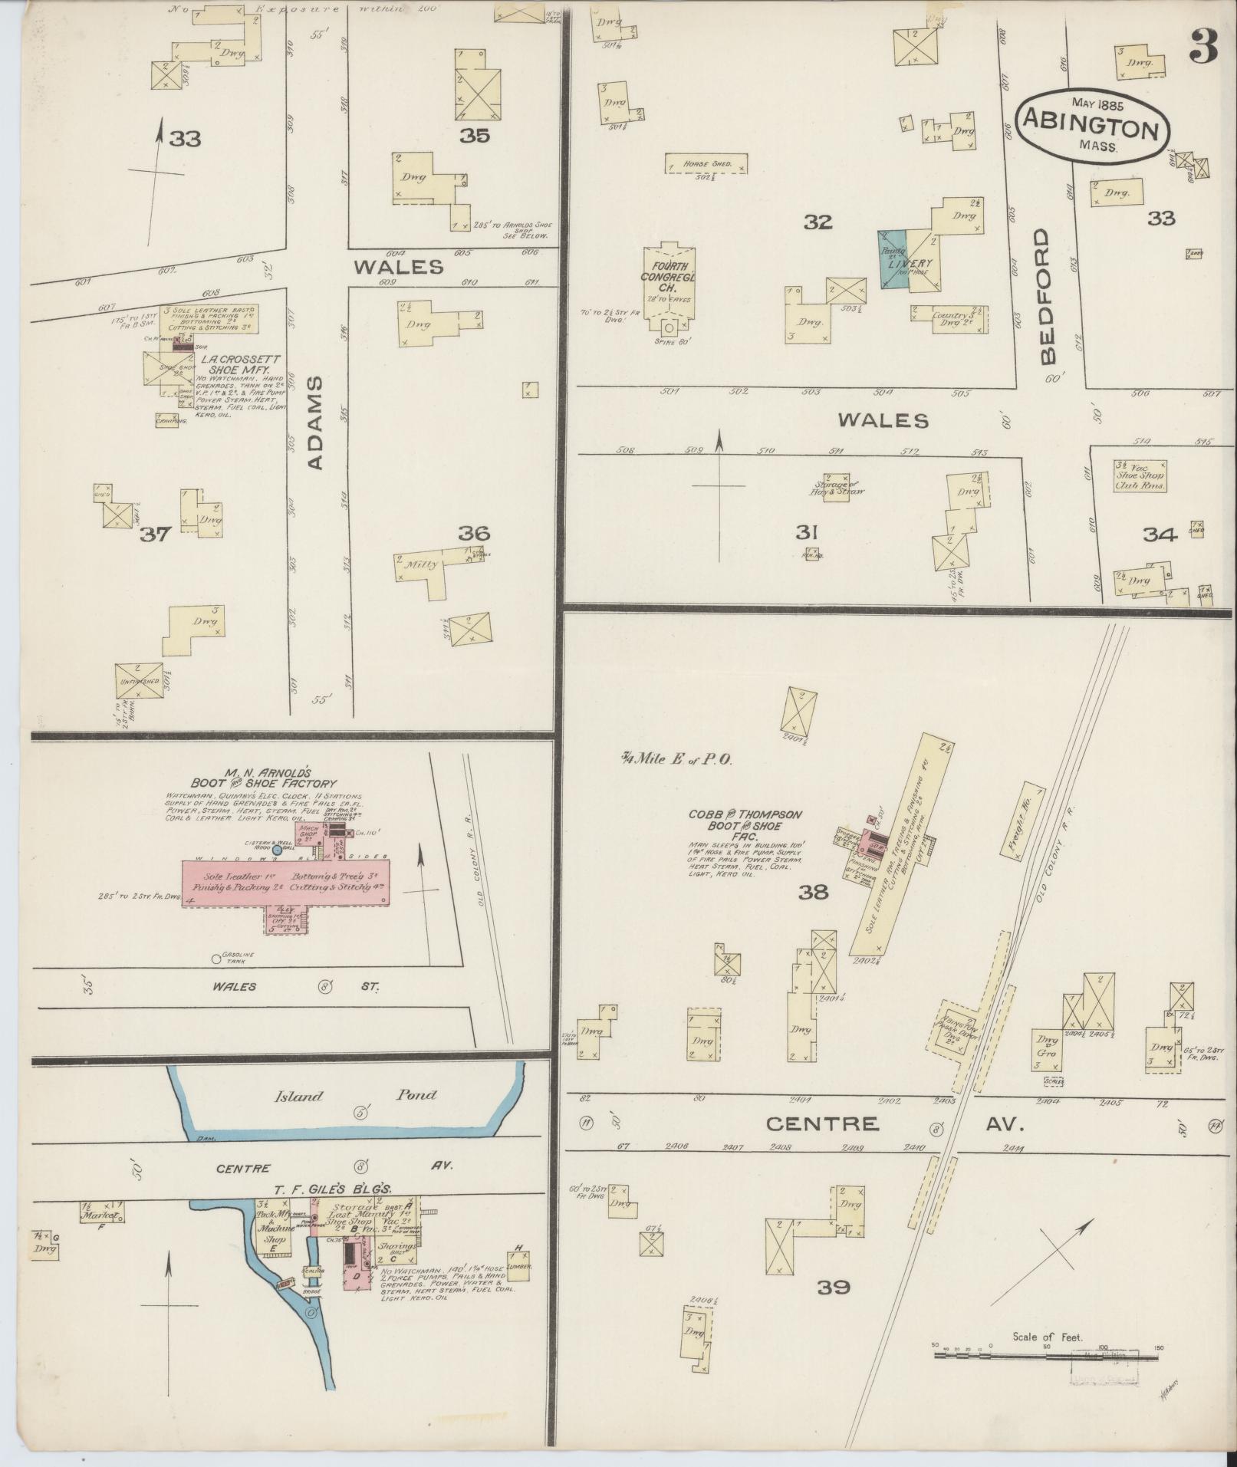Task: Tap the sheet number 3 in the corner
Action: coord(1204,48)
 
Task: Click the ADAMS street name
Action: coord(318,423)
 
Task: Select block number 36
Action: coord(474,533)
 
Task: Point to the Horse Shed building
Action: coord(706,164)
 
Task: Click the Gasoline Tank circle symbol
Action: coord(216,959)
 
